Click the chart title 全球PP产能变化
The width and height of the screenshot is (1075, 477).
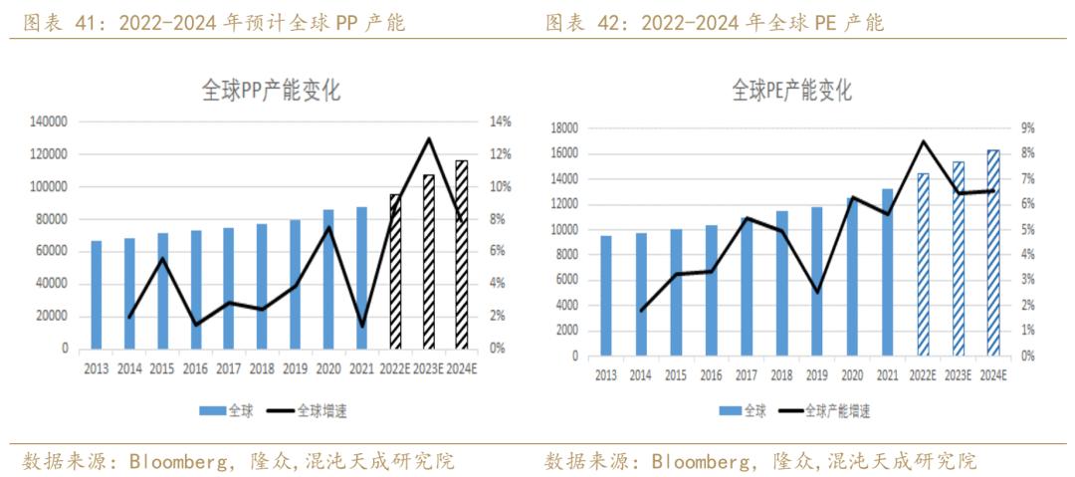point(257,92)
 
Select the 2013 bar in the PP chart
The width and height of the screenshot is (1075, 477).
point(97,295)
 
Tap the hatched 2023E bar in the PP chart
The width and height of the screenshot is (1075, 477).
point(429,262)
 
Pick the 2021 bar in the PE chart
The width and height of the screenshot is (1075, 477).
point(887,272)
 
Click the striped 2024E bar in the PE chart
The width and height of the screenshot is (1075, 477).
point(993,253)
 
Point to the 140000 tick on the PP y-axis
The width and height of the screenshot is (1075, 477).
point(47,121)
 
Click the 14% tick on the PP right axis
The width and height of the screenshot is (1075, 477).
point(498,121)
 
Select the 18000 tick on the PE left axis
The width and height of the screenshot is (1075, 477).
point(563,128)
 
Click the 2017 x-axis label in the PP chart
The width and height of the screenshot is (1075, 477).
point(229,368)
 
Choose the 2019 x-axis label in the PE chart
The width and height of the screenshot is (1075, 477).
point(816,375)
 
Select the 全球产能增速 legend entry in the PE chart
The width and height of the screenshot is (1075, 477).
point(836,409)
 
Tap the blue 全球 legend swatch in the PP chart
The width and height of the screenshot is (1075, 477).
point(212,409)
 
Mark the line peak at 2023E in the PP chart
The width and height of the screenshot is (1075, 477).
point(429,138)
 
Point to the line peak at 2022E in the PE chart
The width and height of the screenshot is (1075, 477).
point(923,141)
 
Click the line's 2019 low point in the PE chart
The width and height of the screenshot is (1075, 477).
point(816,292)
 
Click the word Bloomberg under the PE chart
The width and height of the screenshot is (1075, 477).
point(703,461)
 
